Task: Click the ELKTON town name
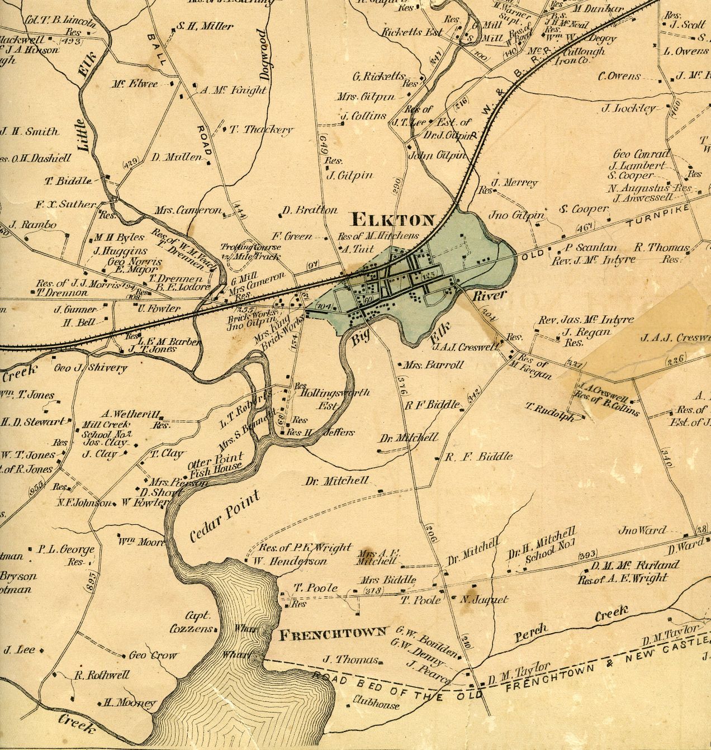coord(392,219)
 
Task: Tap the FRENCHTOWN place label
coord(333,633)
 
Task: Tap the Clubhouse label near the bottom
coord(376,705)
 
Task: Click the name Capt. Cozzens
coord(191,622)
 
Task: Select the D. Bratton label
coord(310,211)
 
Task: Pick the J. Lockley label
coord(628,108)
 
